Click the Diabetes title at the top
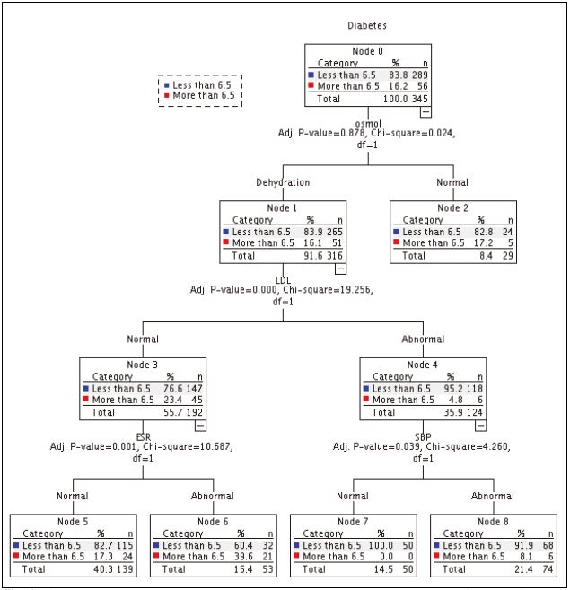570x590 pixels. point(368,26)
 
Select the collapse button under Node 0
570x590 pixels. point(425,110)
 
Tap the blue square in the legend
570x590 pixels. point(166,84)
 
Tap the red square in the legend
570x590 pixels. point(166,94)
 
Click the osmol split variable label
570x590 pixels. point(369,122)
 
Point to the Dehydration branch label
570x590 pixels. point(282,182)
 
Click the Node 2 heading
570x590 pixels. point(453,207)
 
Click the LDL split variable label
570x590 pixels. point(283,278)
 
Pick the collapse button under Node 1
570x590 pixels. point(339,268)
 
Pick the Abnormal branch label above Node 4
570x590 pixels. point(423,339)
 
